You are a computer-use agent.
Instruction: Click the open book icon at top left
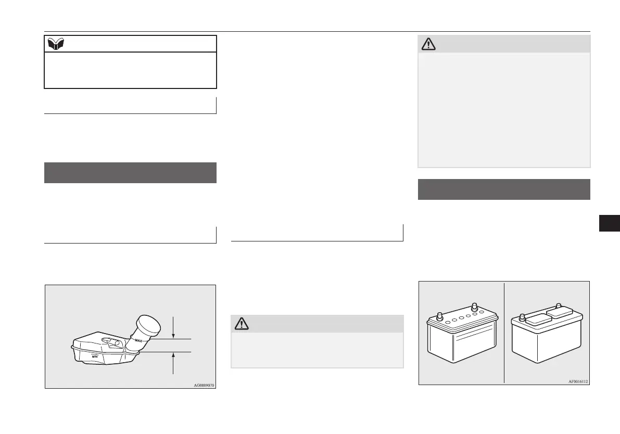click(55, 44)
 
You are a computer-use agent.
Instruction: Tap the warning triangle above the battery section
click(429, 45)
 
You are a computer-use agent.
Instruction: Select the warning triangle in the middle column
click(242, 324)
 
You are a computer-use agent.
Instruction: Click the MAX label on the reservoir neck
click(138, 340)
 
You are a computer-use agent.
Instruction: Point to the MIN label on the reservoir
click(95, 357)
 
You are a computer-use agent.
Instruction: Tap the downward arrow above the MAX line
click(173, 330)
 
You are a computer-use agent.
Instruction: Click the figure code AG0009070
click(204, 386)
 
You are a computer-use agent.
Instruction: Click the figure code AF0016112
click(578, 381)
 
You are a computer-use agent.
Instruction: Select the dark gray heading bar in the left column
click(130, 173)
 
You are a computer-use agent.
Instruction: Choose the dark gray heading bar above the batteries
click(504, 189)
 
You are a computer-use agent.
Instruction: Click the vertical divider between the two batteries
click(504, 333)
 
